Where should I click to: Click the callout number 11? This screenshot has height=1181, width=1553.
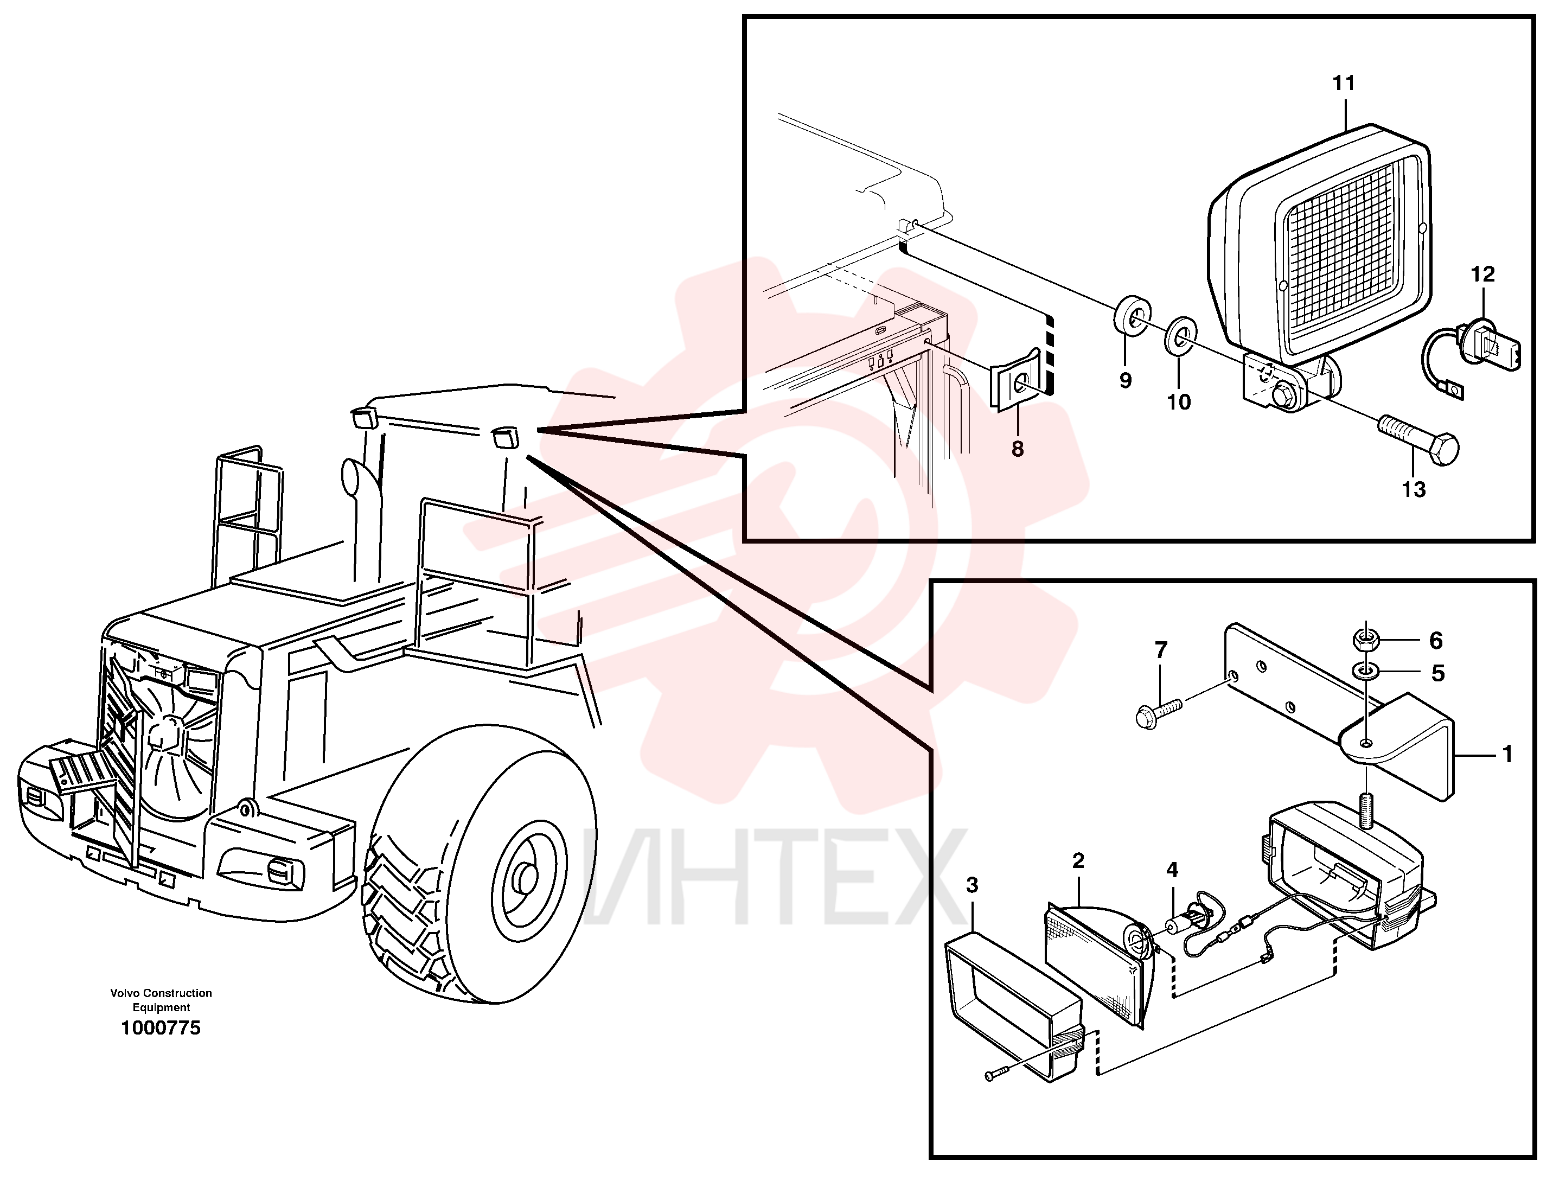(1344, 84)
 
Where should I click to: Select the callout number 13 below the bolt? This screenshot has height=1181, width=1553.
(1414, 489)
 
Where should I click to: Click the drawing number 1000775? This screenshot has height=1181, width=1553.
(161, 1028)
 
